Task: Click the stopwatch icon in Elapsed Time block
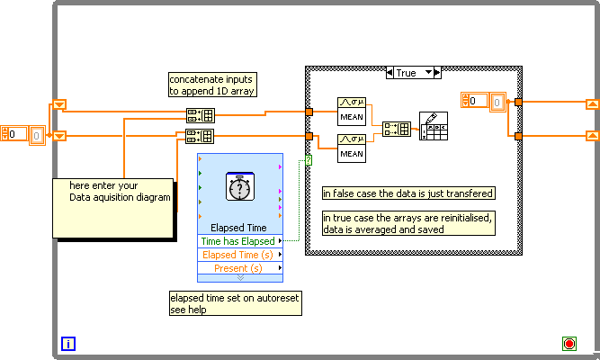tap(239, 187)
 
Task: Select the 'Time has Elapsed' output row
tap(239, 241)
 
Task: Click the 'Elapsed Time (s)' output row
tap(239, 255)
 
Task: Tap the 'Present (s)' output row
tap(239, 268)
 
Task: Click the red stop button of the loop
tap(569, 343)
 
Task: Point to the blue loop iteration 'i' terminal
tap(68, 343)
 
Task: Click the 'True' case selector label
tap(406, 72)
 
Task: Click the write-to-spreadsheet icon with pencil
tap(434, 127)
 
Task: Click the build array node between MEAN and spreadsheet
tap(396, 129)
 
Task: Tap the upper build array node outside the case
tap(200, 114)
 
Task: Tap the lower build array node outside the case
tap(200, 136)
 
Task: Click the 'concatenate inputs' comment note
tap(211, 84)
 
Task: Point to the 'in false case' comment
tap(409, 193)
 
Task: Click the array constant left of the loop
tap(22, 133)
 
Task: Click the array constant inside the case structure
tap(486, 101)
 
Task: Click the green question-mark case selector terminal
tap(309, 159)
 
